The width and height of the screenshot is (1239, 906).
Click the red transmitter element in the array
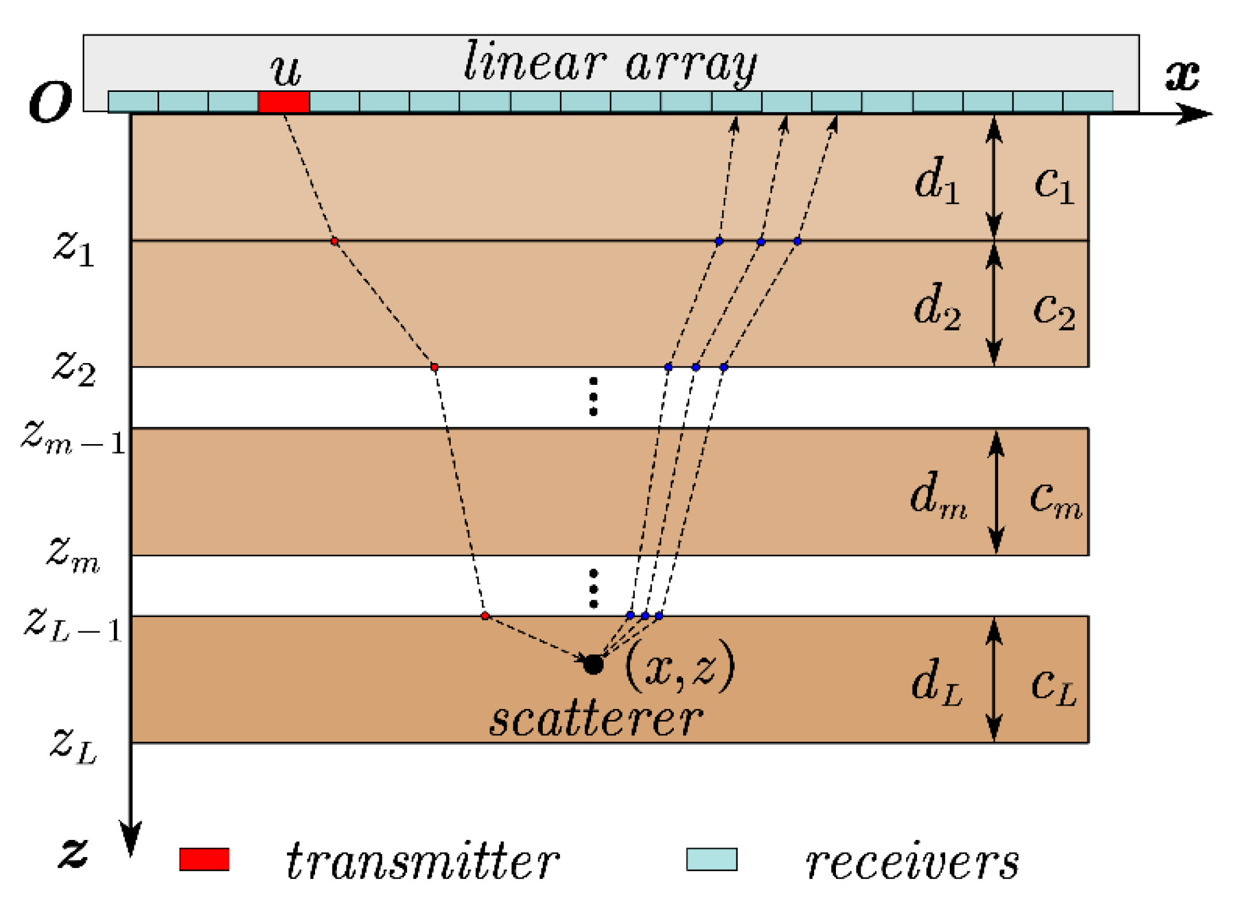[x=284, y=102]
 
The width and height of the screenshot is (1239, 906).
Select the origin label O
[x=50, y=102]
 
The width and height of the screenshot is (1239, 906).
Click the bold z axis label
[x=73, y=851]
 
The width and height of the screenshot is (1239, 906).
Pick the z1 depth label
[x=74, y=249]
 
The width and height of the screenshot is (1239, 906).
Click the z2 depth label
[x=74, y=368]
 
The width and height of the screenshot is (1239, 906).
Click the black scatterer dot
[x=593, y=664]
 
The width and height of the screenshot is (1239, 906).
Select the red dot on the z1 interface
[x=335, y=241]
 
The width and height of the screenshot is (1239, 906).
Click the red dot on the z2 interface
[x=435, y=367]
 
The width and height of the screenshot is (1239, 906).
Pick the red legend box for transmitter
[x=205, y=859]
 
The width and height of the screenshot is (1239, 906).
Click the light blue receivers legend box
[x=712, y=859]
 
